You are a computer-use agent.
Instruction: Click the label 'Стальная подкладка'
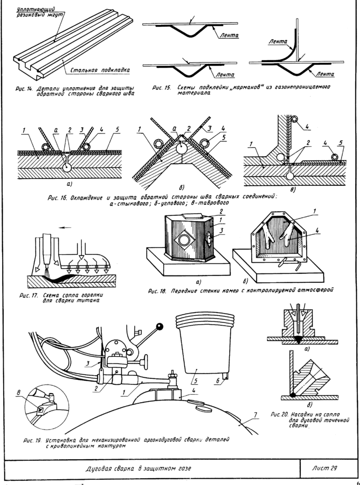tap(100, 70)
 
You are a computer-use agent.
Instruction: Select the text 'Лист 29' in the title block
tap(324, 468)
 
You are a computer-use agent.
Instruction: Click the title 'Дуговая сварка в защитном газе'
tap(138, 468)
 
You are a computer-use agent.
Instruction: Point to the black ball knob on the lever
tap(159, 326)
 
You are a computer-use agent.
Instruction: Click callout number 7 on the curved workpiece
tap(255, 414)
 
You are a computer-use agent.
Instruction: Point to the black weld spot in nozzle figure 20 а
tap(299, 340)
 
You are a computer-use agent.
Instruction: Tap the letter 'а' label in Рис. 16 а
tap(56, 131)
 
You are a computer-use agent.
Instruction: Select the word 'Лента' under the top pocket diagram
tap(229, 35)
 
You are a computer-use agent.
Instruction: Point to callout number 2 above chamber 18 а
tap(221, 212)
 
